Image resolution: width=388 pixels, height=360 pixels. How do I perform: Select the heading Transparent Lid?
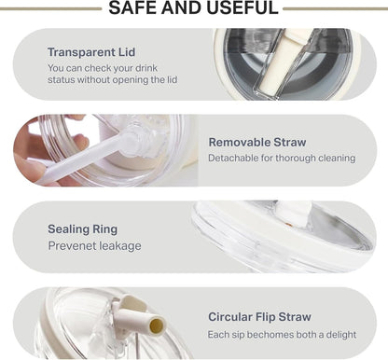pos(91,52)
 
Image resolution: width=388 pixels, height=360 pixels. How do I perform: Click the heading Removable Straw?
pos(257,143)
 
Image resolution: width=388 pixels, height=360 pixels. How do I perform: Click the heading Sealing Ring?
pos(83,229)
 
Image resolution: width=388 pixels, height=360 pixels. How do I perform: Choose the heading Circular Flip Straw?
pos(259,317)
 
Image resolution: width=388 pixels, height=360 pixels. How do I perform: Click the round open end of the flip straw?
pos(157,325)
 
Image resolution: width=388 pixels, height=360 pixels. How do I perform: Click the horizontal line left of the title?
pos(50,9)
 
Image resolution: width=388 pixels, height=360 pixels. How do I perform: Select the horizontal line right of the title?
pos(336,9)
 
